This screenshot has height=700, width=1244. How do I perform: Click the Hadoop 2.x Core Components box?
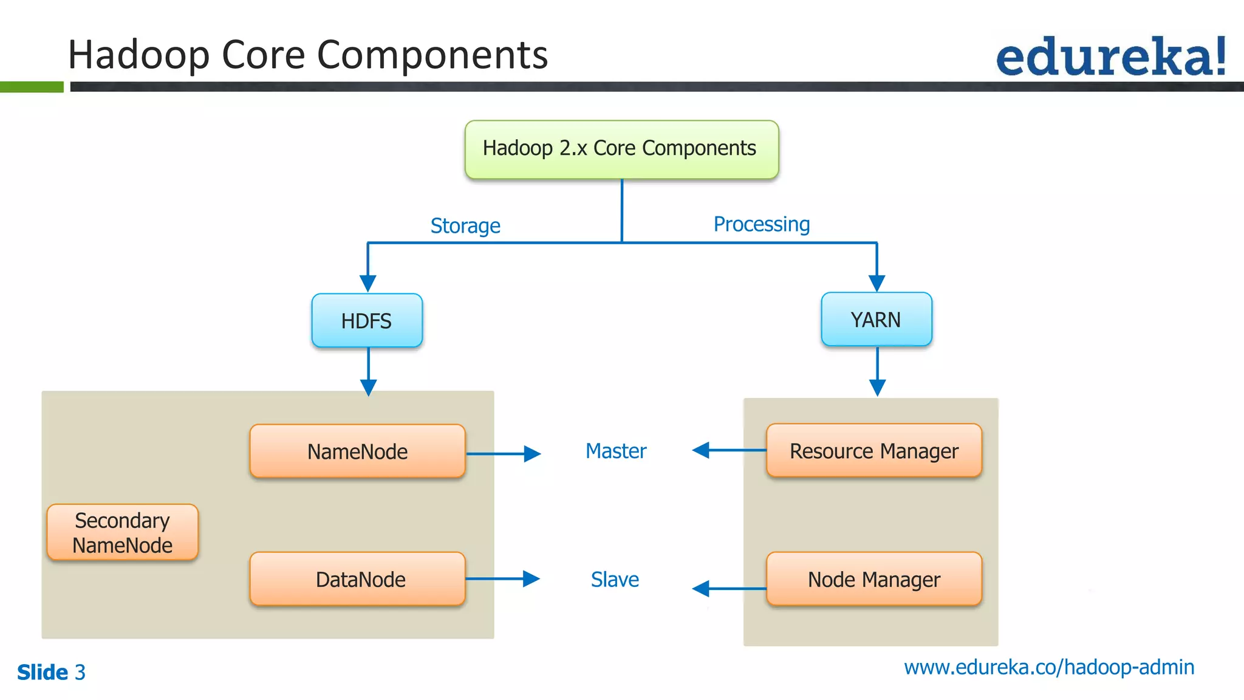[x=621, y=149]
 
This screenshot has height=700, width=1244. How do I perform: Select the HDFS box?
[x=367, y=321]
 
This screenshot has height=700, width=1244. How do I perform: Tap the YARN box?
[x=876, y=320]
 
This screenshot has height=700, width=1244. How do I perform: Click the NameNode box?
[x=357, y=451]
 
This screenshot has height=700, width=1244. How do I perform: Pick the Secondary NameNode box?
[x=122, y=532]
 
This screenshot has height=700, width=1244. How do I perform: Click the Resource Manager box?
[x=873, y=451]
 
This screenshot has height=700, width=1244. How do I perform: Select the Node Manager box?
[x=873, y=579]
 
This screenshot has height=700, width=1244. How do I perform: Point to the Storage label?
[x=465, y=225]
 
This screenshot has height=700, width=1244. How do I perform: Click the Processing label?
[x=761, y=224]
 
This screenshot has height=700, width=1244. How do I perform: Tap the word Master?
[x=615, y=451]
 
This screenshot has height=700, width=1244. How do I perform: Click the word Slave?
[x=615, y=579]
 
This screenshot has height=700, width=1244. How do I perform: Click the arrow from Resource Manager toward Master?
[x=729, y=450]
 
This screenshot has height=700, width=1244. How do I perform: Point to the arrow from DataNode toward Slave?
[x=503, y=578]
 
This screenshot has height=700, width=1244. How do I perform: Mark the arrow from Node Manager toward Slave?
[x=729, y=588]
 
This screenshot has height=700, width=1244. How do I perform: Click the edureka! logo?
[x=1110, y=57]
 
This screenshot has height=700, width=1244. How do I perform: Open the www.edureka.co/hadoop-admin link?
[x=1049, y=667]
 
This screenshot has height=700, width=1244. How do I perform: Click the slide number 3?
[x=80, y=673]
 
